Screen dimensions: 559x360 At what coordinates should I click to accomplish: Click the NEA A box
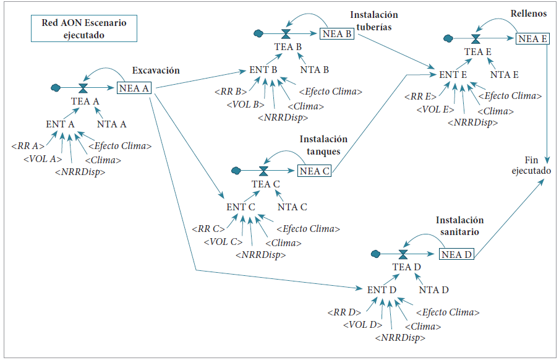[x=134, y=88]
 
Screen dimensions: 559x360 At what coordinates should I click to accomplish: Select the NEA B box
[x=337, y=33]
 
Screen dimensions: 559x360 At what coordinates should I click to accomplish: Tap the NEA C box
[x=314, y=171]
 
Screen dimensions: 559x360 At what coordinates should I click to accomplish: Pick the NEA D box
[x=456, y=254]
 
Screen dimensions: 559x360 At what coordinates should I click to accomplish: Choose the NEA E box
[x=532, y=38]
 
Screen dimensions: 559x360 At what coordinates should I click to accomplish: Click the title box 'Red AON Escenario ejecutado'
[x=84, y=28]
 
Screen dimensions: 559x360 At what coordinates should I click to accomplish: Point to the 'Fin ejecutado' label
[x=531, y=165]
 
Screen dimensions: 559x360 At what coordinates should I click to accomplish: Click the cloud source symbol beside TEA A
[x=56, y=87]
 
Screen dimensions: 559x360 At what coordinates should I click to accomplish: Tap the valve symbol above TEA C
[x=263, y=171]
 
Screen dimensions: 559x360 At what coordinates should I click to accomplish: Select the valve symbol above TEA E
[x=476, y=39]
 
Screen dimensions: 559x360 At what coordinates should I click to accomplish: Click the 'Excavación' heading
[x=156, y=71]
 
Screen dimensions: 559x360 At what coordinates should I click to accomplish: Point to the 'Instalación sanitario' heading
[x=459, y=226]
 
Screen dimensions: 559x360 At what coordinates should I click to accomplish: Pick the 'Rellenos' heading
[x=528, y=14]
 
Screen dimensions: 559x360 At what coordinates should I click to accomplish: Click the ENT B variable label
[x=263, y=70]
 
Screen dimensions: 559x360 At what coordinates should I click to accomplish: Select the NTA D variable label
[x=434, y=289]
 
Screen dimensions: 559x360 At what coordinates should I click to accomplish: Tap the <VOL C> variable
[x=223, y=242]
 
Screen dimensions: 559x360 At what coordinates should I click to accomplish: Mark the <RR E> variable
[x=420, y=96]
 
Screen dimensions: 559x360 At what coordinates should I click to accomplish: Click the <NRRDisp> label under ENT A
[x=80, y=172]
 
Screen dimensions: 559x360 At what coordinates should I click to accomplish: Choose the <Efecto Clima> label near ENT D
[x=448, y=312]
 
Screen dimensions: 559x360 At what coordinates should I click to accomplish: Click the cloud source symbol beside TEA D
[x=375, y=254]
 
